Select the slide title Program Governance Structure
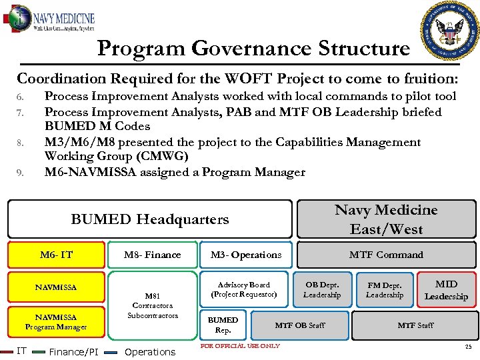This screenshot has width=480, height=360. pyautogui.click(x=253, y=49)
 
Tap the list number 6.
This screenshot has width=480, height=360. pyautogui.click(x=20, y=97)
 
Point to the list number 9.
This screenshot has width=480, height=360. pyautogui.click(x=20, y=173)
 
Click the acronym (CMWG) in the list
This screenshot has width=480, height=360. pyautogui.click(x=160, y=157)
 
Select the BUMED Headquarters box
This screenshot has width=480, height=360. pyautogui.click(x=149, y=219)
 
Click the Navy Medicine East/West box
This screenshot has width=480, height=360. pyautogui.click(x=386, y=219)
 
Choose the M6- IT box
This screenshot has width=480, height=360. pyautogui.click(x=56, y=255)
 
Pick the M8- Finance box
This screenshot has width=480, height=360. pyautogui.click(x=153, y=255)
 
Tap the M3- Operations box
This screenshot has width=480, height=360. pyautogui.click(x=246, y=255)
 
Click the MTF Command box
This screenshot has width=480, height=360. pyautogui.click(x=386, y=255)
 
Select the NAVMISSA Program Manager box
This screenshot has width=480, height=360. pyautogui.click(x=56, y=322)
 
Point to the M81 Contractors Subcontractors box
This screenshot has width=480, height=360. pyautogui.click(x=153, y=305)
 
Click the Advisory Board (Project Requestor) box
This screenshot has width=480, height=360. pyautogui.click(x=244, y=289)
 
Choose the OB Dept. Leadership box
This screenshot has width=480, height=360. pyautogui.click(x=322, y=289)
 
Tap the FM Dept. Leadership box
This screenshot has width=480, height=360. pyautogui.click(x=385, y=289)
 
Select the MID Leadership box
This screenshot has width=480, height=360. pyautogui.click(x=446, y=290)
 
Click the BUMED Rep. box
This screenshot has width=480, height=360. pyautogui.click(x=223, y=325)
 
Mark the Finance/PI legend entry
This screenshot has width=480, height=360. pyautogui.click(x=74, y=351)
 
